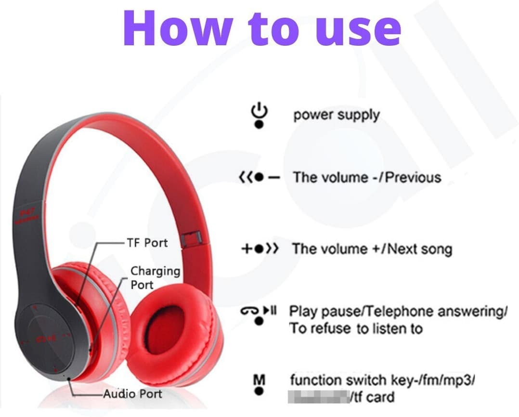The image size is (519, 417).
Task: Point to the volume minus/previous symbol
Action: pyautogui.click(x=259, y=178)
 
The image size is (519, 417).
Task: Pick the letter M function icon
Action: pyautogui.click(x=259, y=384)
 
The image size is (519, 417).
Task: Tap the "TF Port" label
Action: pyautogui.click(x=147, y=242)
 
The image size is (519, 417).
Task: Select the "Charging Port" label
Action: pyautogui.click(x=155, y=278)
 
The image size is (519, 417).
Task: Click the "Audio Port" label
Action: pyautogui.click(x=133, y=394)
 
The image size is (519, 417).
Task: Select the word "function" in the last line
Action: pyautogui.click(x=315, y=380)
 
